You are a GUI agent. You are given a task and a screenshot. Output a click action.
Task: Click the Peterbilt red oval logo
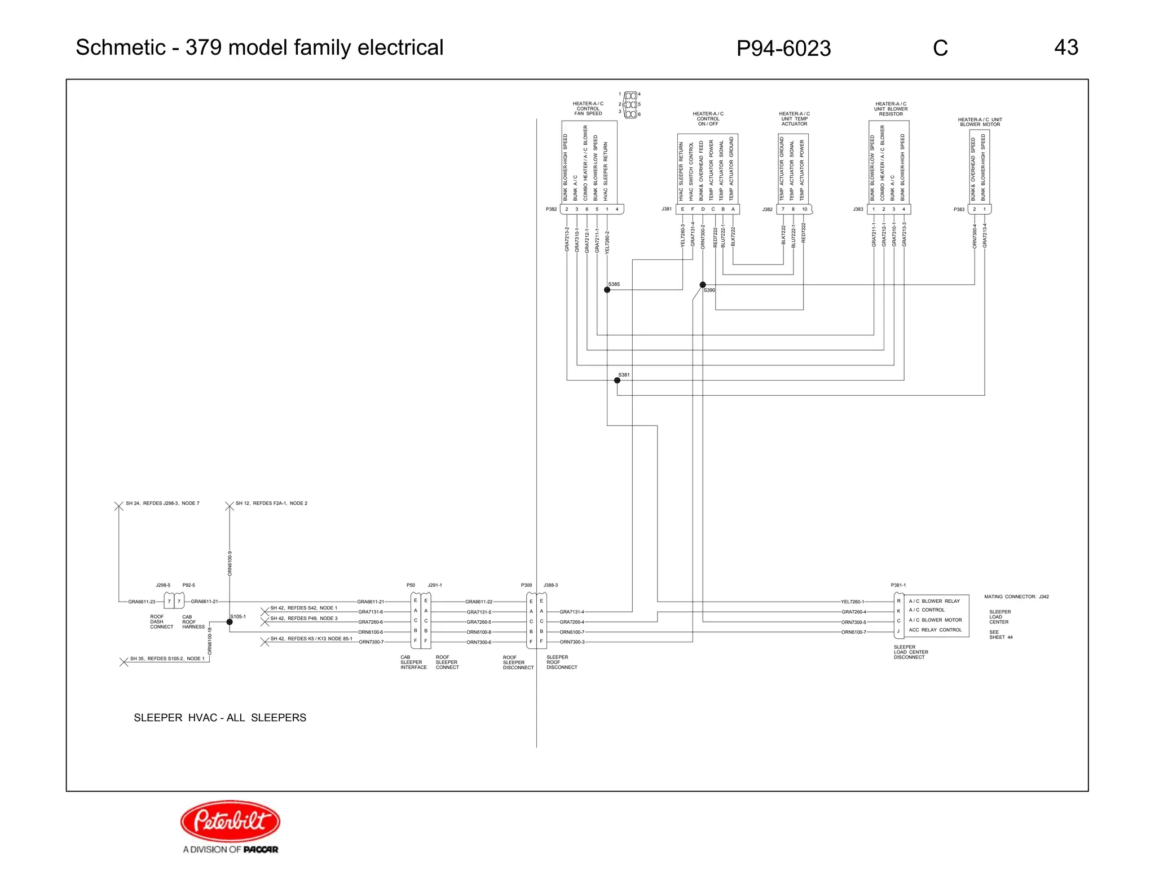tap(230, 820)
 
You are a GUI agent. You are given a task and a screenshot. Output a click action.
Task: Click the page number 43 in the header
tap(1065, 47)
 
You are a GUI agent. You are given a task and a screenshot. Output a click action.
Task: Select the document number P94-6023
tap(783, 48)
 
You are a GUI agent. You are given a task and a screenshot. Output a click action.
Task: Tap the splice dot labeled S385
tap(607, 290)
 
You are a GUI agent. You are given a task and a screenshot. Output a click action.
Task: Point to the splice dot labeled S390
tap(702, 285)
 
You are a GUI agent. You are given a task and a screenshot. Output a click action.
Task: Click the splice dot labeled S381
tap(617, 381)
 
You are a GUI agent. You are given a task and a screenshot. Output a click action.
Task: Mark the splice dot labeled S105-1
tap(230, 622)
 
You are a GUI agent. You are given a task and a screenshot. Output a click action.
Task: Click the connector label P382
tap(551, 209)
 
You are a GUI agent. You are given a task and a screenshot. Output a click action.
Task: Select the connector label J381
tap(667, 209)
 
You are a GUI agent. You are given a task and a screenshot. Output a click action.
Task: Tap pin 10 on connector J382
tap(804, 209)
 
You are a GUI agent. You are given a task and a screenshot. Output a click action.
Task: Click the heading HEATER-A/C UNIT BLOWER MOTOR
tap(980, 122)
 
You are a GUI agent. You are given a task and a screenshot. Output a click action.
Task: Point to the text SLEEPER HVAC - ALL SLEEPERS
tap(220, 718)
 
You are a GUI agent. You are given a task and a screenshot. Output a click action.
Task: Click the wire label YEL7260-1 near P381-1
tap(852, 602)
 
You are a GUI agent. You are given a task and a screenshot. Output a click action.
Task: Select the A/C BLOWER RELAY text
tap(934, 601)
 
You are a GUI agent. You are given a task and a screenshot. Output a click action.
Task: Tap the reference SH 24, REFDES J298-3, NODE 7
tap(162, 503)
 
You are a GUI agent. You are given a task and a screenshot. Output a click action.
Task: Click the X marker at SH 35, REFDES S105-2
tap(124, 662)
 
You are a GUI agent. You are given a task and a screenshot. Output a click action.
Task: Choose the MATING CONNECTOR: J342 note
tap(1016, 597)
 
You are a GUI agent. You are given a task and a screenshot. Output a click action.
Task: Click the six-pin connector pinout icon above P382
tap(631, 105)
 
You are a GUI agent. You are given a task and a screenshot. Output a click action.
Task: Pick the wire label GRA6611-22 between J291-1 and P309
tap(478, 602)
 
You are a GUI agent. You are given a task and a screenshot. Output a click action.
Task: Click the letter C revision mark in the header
tap(940, 48)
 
